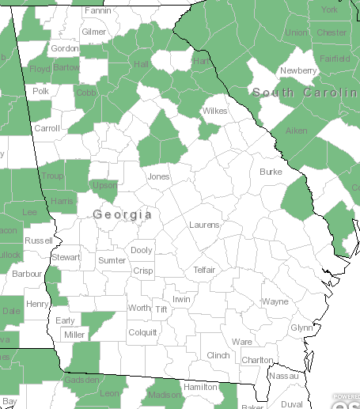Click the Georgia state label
(123, 214)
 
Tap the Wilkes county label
(214, 111)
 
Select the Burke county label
(271, 171)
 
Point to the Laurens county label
(204, 225)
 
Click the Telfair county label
(209, 270)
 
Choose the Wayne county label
(275, 301)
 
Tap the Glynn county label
(301, 328)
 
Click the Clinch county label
(218, 355)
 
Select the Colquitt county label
(142, 332)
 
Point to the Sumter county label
(112, 260)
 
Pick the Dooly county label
(142, 250)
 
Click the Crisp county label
(143, 270)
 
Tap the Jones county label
(158, 176)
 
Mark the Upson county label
(105, 185)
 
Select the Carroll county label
(47, 127)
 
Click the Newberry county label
(298, 70)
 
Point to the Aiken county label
(296, 130)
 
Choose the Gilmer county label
(93, 32)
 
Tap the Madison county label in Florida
(164, 395)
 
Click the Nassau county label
(285, 377)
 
